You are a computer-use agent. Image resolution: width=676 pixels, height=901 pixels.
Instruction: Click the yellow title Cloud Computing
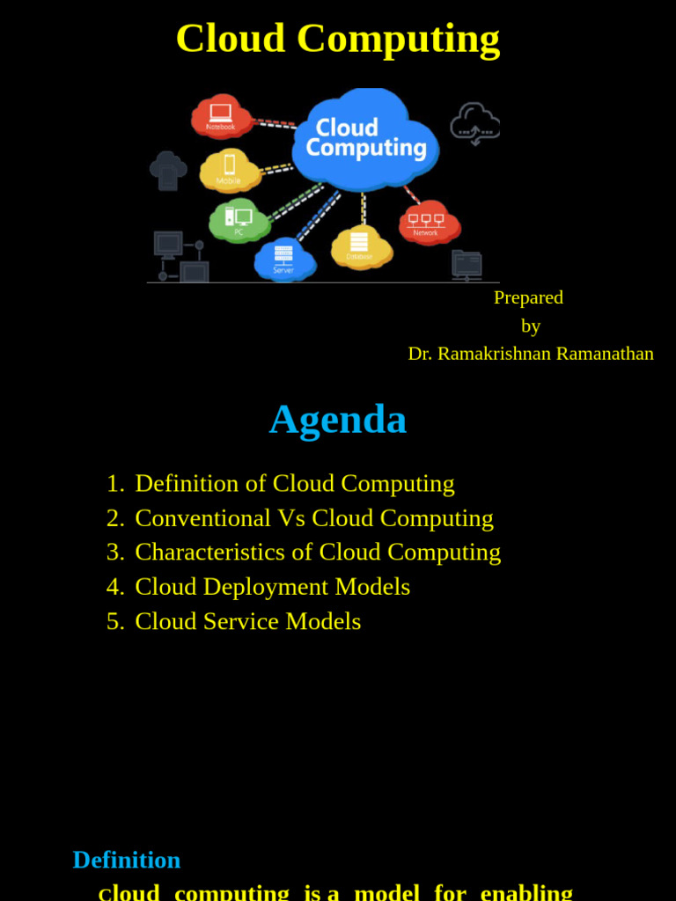point(338,39)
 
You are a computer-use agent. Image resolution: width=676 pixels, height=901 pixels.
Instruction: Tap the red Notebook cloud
point(222,117)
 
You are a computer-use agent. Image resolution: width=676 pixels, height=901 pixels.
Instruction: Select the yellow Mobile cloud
point(230,170)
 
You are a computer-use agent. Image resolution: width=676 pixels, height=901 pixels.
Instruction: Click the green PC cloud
point(239,220)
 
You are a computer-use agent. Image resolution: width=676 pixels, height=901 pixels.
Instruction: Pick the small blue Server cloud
point(284,259)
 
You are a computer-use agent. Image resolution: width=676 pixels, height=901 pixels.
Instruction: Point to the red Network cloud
point(428,223)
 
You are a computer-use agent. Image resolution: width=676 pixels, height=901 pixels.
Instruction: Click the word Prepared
point(528,297)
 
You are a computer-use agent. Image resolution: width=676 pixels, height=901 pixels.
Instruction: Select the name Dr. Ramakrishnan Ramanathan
point(531,354)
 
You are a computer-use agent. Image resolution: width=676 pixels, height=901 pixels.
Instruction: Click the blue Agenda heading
point(338,419)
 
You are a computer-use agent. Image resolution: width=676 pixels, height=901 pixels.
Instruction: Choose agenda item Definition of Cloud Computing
point(295,483)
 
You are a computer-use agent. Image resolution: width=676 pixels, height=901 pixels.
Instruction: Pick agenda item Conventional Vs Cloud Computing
point(314,518)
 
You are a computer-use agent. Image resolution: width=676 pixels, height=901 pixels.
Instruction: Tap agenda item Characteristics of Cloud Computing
point(318,552)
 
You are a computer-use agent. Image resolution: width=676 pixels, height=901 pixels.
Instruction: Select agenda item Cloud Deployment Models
point(273,587)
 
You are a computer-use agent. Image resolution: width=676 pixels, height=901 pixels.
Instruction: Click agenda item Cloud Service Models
point(248,621)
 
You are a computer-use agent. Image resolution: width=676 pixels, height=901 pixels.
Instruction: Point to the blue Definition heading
point(127,860)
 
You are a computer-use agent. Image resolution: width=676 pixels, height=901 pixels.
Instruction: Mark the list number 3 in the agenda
point(114,552)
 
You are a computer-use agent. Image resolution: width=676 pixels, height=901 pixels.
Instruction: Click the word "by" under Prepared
point(531,326)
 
